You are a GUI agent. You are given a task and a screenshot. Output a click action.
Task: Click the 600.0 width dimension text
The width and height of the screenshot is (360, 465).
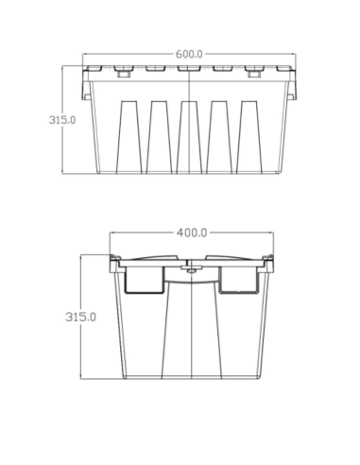click(189, 55)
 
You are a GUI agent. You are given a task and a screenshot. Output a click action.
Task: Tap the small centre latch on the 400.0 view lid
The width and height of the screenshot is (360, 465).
click(191, 269)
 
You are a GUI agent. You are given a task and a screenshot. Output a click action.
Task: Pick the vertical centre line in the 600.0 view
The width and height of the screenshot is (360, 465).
click(193, 123)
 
